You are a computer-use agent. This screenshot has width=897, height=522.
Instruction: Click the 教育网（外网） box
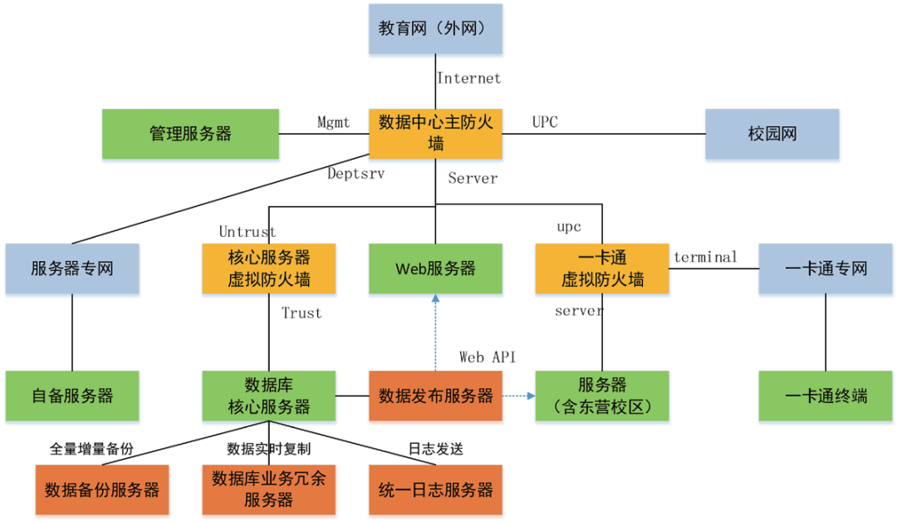[436, 29]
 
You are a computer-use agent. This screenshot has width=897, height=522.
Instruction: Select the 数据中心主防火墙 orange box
[436, 133]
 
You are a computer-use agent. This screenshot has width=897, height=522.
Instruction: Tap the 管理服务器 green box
[190, 133]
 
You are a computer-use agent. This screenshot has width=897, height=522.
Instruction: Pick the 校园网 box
[772, 133]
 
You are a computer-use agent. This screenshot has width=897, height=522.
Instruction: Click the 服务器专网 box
[72, 268]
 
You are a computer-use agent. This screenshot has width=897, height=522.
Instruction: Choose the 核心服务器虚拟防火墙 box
[269, 268]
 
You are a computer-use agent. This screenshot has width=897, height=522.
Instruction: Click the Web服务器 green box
[436, 268]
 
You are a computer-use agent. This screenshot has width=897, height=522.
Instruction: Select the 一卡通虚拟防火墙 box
[602, 268]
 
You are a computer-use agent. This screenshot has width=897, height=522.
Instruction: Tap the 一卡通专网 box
[826, 268]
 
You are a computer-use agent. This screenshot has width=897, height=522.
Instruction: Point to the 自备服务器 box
[72, 396]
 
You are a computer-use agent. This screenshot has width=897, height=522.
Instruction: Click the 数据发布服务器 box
[436, 396]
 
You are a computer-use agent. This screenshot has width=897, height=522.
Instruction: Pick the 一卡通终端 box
[826, 396]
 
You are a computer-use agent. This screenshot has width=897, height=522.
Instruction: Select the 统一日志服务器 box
[436, 490]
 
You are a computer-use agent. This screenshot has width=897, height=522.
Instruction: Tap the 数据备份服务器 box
[102, 490]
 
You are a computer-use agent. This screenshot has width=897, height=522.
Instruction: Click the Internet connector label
[469, 79]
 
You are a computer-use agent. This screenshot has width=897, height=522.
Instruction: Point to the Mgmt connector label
[334, 123]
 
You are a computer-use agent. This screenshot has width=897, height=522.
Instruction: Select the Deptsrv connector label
[356, 174]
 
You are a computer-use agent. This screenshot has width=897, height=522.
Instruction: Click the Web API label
[488, 357]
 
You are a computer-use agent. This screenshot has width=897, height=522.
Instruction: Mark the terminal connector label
[705, 257]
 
